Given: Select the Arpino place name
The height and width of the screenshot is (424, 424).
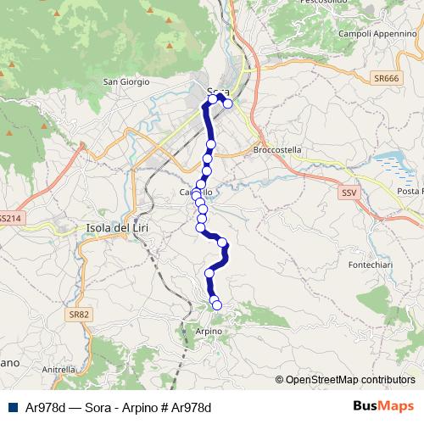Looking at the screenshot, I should (208, 331).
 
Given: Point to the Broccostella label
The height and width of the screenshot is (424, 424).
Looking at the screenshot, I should (277, 149).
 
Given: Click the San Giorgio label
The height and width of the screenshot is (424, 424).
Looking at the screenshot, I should (126, 81).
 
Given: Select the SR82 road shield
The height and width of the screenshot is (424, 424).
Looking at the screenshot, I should (78, 315).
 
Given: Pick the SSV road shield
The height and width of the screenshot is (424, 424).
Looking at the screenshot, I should (349, 193).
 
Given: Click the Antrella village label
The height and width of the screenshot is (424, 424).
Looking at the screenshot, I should (59, 370).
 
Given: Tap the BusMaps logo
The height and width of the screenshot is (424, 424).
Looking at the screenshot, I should (384, 406).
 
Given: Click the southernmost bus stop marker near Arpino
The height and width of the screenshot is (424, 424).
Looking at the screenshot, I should (217, 305).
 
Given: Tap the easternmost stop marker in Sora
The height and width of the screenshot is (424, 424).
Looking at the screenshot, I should (227, 103).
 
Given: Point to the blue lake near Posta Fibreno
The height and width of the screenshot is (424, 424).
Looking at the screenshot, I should (392, 160).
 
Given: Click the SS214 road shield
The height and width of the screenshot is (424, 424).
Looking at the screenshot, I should (7, 219).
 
